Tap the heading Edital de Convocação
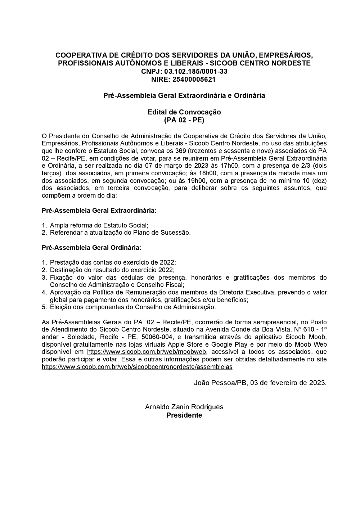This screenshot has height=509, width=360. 184,112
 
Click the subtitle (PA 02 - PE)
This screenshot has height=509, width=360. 184,120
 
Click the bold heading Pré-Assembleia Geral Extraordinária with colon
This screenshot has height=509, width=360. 99,210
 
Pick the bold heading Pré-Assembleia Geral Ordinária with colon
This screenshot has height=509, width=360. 91,248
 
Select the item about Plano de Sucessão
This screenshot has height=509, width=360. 120,233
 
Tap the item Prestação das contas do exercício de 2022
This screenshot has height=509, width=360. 113,262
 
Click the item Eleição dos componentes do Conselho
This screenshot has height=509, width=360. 133,307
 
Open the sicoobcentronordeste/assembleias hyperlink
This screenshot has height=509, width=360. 137,367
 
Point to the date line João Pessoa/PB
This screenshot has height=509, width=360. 260,383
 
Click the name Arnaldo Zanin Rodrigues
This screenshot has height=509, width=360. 184,407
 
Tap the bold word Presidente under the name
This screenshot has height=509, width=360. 184,415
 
